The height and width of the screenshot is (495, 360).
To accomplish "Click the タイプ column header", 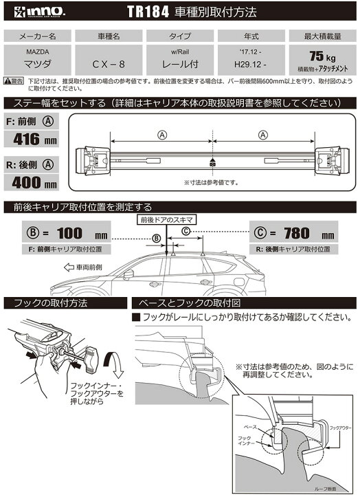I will pyautogui.click(x=175, y=36).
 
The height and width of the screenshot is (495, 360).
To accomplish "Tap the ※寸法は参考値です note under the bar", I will pyautogui.click(x=212, y=183).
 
